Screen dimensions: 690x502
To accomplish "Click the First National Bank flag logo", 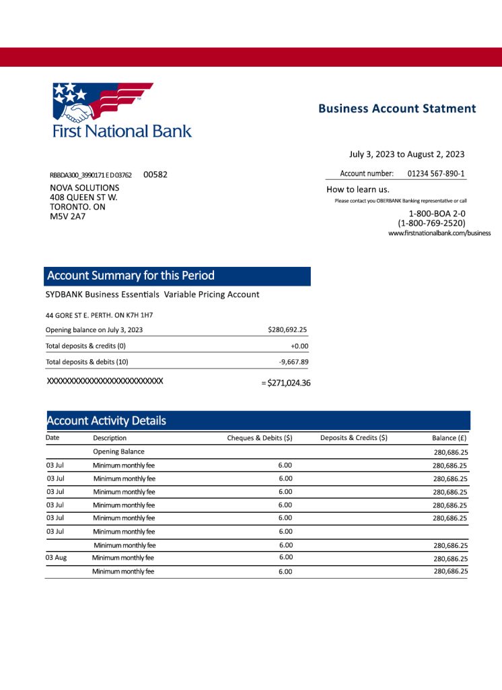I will (x=102, y=101).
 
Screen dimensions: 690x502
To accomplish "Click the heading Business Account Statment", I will (x=397, y=108).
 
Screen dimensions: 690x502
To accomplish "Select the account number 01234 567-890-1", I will (x=436, y=173).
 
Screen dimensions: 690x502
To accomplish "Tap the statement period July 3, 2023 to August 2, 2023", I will (x=406, y=154).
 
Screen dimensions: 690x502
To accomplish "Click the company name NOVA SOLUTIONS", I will (x=85, y=188).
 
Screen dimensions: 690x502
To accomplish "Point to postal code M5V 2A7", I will (x=68, y=216).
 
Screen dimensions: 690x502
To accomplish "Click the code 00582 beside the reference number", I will (x=155, y=175).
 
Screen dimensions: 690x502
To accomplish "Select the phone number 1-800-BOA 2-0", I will (x=433, y=214).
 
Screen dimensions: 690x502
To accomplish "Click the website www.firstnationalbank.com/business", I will (x=439, y=233).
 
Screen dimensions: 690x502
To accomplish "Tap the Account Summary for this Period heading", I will (x=131, y=276).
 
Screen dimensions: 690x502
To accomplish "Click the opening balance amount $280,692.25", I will (x=287, y=330).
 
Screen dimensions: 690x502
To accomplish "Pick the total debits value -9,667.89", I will (x=293, y=362).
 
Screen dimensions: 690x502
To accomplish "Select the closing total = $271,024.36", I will (x=285, y=383).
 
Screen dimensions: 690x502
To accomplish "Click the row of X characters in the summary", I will (x=105, y=381).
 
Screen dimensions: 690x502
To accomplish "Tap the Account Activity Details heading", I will (x=106, y=421).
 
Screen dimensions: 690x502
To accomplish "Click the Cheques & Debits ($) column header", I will (x=260, y=438).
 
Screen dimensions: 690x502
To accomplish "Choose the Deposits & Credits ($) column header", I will (x=354, y=438).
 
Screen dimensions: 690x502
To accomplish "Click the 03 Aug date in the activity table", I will (x=56, y=558).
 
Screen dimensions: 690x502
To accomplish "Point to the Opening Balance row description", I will (x=118, y=451).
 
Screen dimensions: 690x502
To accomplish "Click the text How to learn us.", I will (x=358, y=189).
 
